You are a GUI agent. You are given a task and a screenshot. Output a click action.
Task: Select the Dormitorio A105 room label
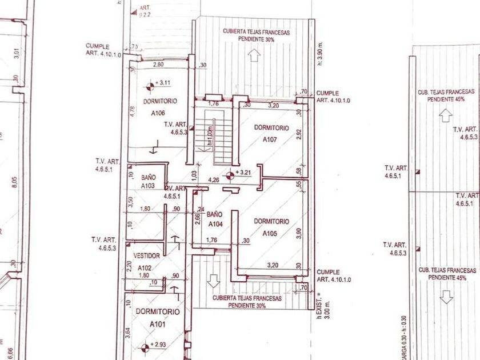(x=271, y=227)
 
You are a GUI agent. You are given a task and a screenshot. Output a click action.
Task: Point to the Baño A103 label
(x=149, y=182)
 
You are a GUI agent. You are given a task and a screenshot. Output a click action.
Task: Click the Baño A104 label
(x=215, y=218)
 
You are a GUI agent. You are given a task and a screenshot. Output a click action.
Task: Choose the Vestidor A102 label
(x=146, y=261)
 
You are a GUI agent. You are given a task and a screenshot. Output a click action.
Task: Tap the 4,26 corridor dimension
(x=214, y=180)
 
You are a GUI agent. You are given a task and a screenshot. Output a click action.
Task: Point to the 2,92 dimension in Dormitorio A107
(x=298, y=135)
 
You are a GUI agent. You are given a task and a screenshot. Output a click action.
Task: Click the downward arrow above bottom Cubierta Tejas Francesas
(x=214, y=281)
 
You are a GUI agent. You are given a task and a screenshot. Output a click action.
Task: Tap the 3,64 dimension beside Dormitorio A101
(x=130, y=331)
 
